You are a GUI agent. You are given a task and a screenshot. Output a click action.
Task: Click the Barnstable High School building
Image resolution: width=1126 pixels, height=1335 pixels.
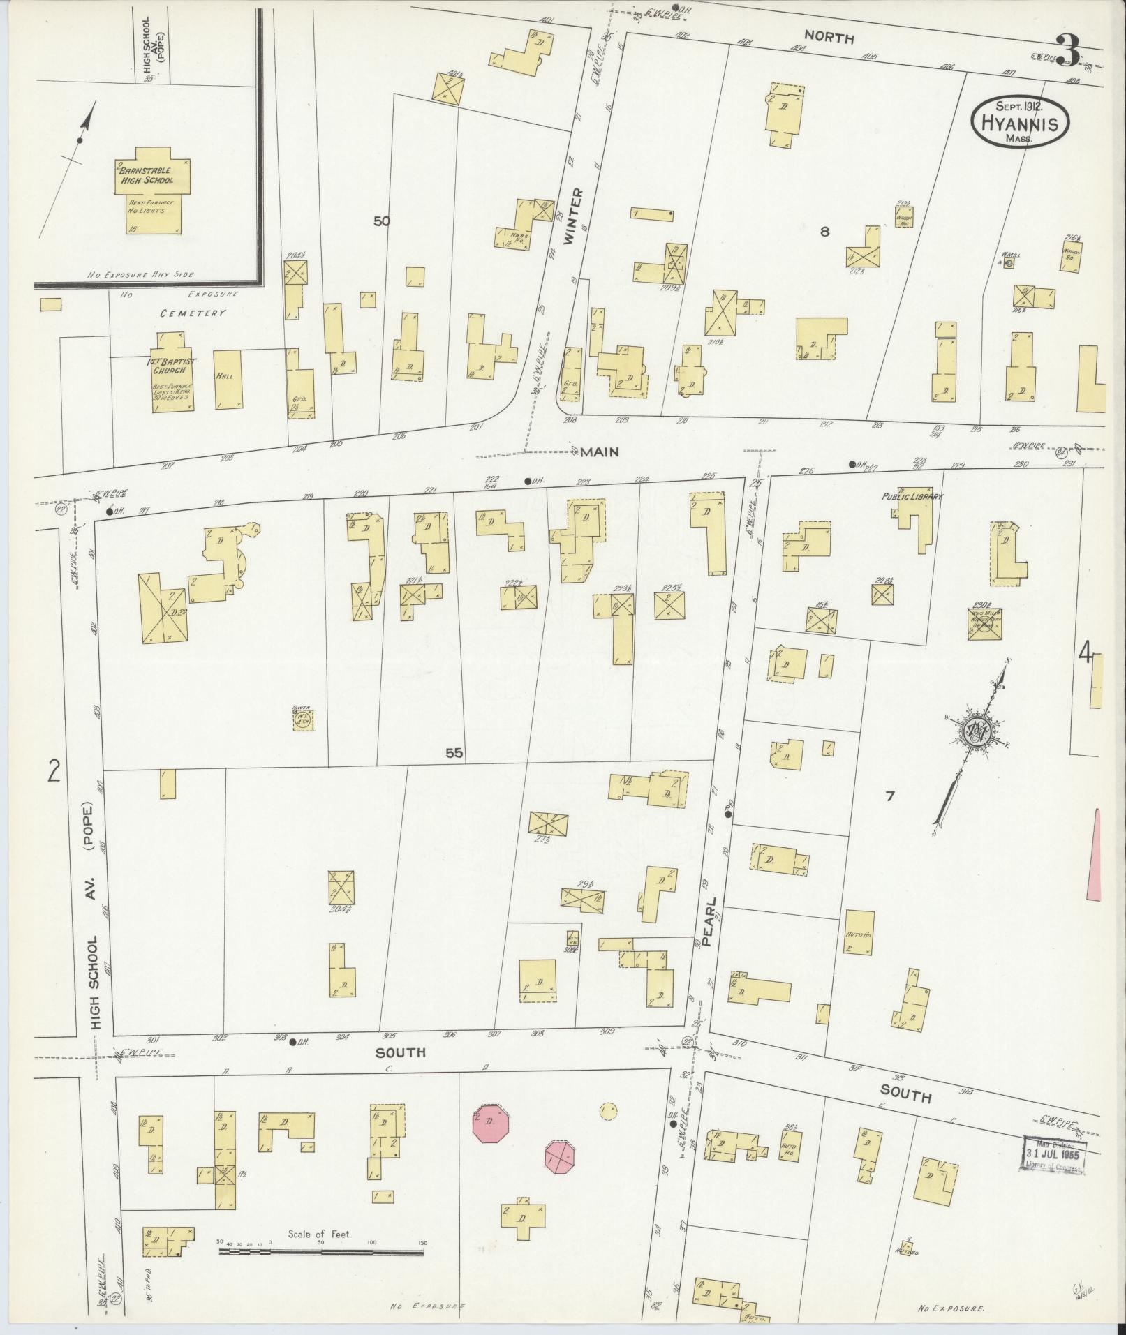pyautogui.click(x=153, y=190)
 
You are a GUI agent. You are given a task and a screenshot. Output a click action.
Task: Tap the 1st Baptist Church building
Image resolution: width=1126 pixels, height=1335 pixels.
pyautogui.click(x=172, y=373)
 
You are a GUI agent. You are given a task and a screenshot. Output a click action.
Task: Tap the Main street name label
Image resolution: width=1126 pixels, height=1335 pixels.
pyautogui.click(x=599, y=452)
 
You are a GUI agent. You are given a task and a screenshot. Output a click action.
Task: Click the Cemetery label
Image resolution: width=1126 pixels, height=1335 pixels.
pyautogui.click(x=192, y=313)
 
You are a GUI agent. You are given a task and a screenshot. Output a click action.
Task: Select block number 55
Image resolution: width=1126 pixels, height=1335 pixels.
pyautogui.click(x=454, y=753)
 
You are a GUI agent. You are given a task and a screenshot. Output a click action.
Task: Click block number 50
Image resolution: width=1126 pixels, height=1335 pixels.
pyautogui.click(x=382, y=221)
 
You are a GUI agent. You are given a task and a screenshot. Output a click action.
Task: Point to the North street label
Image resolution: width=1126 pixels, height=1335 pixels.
pyautogui.click(x=829, y=38)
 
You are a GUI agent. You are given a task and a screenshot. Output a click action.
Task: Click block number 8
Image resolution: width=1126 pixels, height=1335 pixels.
pyautogui.click(x=824, y=232)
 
